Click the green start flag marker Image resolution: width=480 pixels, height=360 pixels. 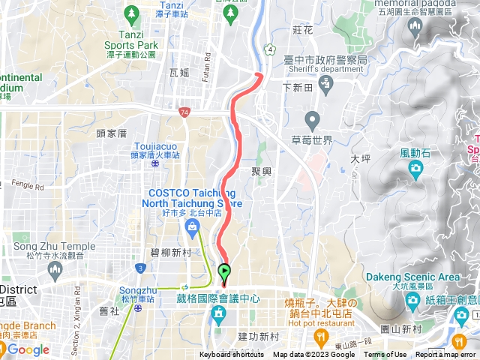tap(224, 272)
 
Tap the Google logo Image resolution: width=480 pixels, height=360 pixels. tap(28, 349)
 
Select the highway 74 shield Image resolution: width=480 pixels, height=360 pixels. tap(184, 112)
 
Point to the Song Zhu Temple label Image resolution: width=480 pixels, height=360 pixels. tap(54, 246)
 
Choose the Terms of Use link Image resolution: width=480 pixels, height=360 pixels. tap(385, 355)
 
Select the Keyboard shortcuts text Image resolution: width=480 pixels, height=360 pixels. tap(231, 355)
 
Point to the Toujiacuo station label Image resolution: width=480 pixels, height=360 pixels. tap(156, 146)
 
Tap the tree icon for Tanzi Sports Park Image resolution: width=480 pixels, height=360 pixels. tap(132, 13)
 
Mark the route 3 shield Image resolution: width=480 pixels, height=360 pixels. tap(140, 268)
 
